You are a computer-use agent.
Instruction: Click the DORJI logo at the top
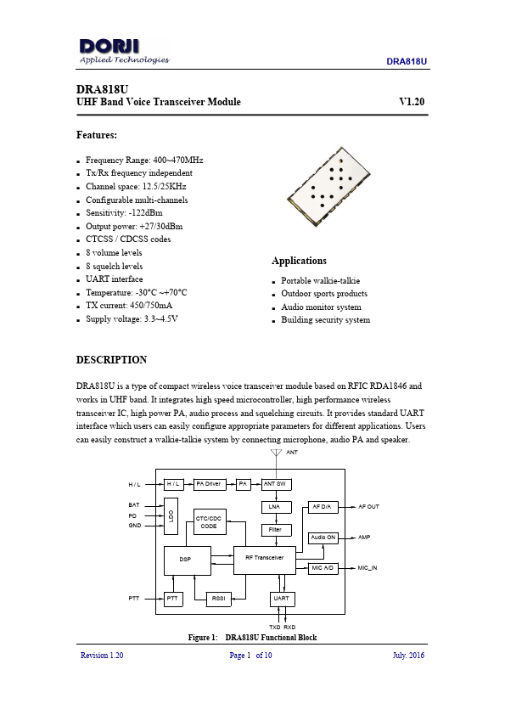[124, 49]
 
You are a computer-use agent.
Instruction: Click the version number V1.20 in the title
[412, 102]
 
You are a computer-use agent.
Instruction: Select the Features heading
[97, 135]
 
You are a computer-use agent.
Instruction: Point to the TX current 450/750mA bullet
[129, 305]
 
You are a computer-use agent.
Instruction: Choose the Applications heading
[299, 261]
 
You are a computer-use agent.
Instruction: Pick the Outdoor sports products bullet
[324, 294]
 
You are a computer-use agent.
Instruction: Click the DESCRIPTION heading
[111, 360]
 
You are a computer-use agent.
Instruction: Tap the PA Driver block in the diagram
[208, 484]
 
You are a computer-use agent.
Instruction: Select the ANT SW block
[274, 484]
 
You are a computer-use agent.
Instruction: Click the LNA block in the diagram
[274, 507]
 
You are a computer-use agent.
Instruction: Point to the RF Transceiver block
[264, 558]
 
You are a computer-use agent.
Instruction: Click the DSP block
[186, 560]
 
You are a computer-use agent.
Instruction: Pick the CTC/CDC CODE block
[208, 522]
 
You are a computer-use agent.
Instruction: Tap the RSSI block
[219, 599]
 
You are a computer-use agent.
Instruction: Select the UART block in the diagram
[282, 599]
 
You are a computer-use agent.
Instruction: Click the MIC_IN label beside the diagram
[367, 566]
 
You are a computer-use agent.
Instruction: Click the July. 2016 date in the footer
[408, 656]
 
